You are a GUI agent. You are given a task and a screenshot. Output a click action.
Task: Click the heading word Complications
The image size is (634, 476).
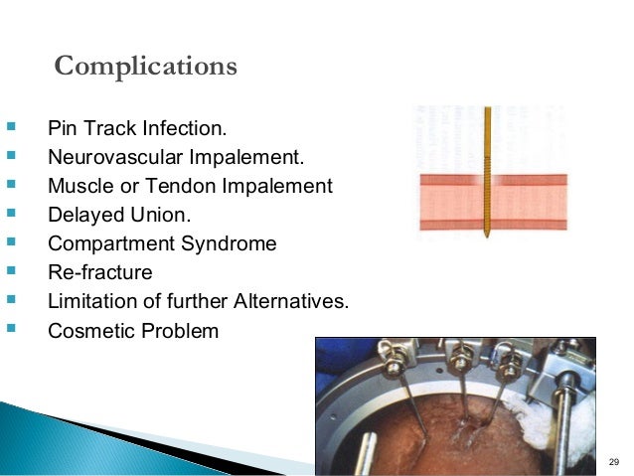tap(145, 67)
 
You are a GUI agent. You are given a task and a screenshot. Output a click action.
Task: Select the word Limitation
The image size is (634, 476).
tap(90, 301)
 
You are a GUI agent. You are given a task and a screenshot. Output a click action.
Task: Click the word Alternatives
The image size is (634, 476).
tap(295, 301)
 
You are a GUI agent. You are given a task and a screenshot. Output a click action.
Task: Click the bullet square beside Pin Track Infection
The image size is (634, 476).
tap(11, 128)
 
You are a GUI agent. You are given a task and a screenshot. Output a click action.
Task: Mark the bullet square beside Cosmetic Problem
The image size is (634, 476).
tap(11, 329)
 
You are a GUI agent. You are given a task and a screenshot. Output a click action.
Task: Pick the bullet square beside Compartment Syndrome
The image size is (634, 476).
tap(11, 242)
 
